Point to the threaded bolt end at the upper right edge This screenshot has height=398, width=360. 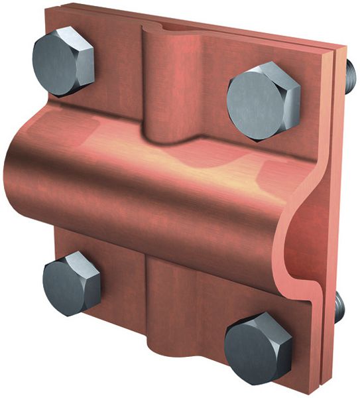349,76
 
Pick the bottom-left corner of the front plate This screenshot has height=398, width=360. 56,312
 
